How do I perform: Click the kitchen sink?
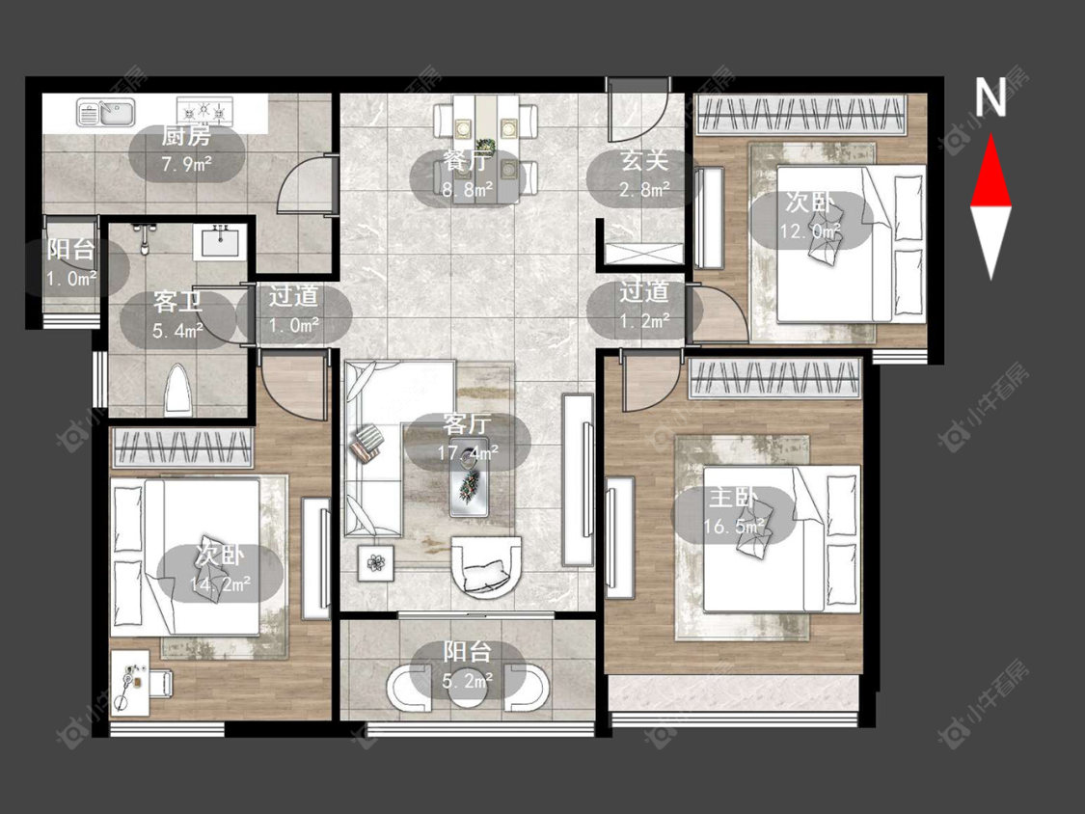106,113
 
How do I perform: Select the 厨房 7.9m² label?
187,149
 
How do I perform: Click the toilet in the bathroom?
179,391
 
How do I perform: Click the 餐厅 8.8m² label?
468,176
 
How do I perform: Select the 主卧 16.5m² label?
734,512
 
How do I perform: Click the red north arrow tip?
990,134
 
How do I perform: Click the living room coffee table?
469,477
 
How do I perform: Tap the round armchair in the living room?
486,565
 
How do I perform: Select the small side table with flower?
376,562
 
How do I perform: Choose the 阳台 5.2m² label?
468,665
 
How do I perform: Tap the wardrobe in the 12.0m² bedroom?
801,114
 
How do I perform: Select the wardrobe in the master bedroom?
775,378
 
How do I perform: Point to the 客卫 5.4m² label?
177,316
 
